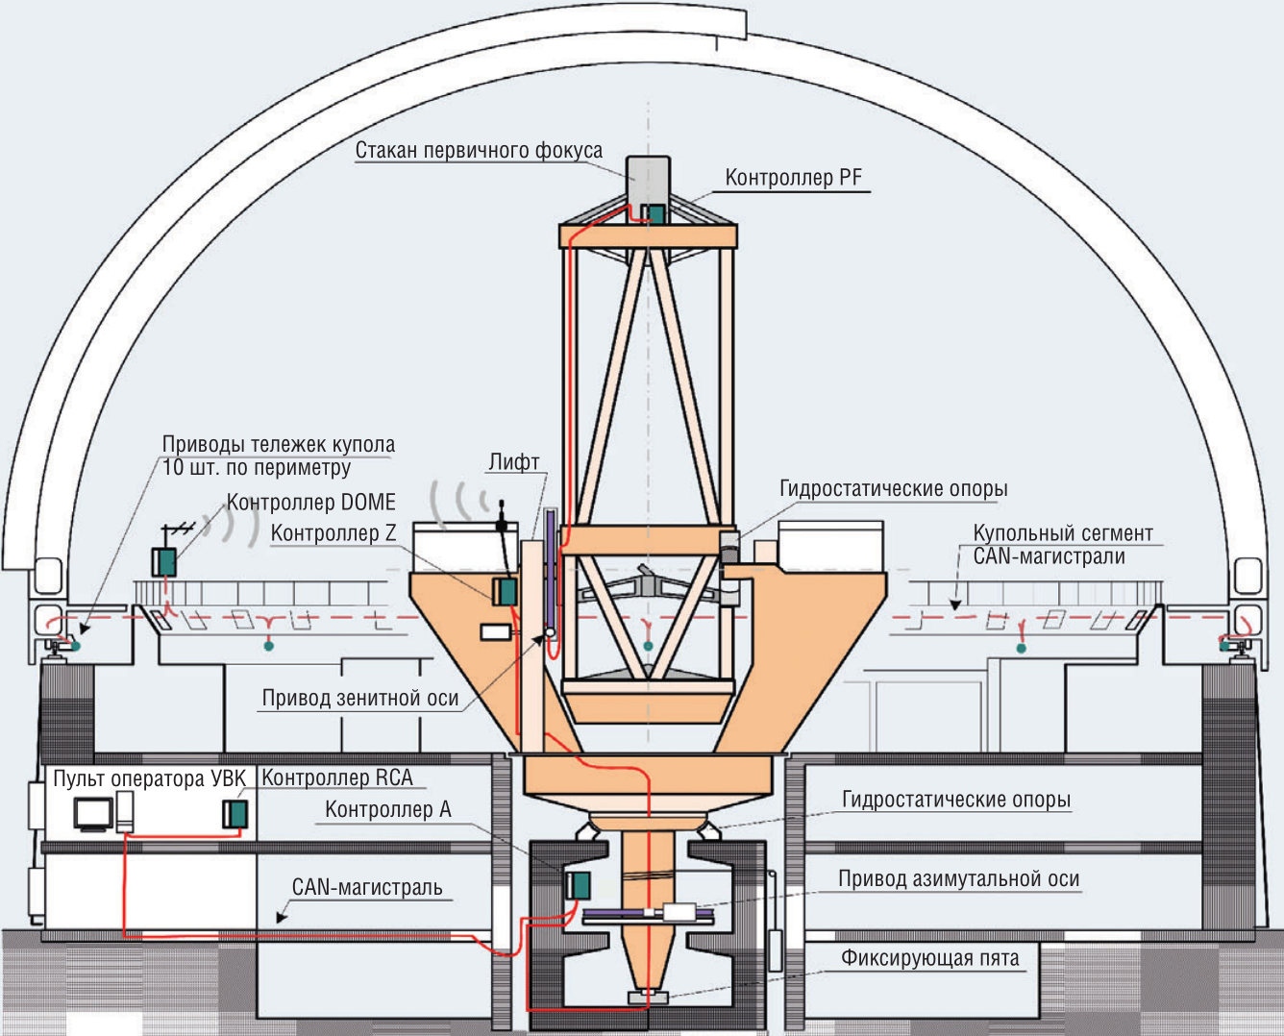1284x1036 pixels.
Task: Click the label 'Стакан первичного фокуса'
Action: (x=479, y=151)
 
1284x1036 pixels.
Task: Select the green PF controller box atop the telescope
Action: (x=654, y=213)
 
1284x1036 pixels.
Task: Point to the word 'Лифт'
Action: (x=513, y=462)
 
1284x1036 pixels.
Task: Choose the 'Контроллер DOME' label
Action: (x=310, y=503)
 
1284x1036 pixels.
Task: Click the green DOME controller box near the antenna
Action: (x=164, y=561)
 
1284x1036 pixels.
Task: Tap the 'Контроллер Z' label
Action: (x=333, y=532)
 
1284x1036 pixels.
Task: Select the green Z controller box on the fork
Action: (x=506, y=591)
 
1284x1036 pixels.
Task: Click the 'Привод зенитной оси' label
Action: (x=360, y=699)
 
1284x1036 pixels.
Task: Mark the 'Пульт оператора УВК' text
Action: (x=149, y=778)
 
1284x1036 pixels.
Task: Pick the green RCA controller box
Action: (x=235, y=814)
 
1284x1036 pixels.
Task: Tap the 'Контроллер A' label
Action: (x=387, y=809)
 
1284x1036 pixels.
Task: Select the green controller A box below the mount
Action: (x=578, y=884)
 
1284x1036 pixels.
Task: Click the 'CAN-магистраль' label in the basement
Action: (x=367, y=886)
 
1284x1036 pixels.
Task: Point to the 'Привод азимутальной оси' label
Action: (x=958, y=878)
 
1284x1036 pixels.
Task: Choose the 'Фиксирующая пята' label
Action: (x=929, y=958)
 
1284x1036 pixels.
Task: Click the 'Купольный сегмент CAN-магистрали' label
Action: (x=1062, y=544)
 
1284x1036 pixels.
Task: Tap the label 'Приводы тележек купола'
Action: (x=278, y=445)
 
